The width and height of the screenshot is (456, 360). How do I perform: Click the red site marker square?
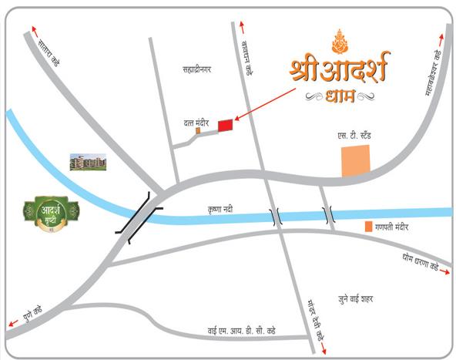click(225, 125)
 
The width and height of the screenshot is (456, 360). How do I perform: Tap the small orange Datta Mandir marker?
click(198, 130)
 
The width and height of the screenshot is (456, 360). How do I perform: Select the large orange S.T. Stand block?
click(356, 160)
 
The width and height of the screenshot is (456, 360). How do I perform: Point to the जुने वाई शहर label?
click(350, 298)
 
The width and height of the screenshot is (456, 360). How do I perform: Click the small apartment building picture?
click(88, 162)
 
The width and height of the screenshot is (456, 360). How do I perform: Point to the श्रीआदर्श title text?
click(340, 68)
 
